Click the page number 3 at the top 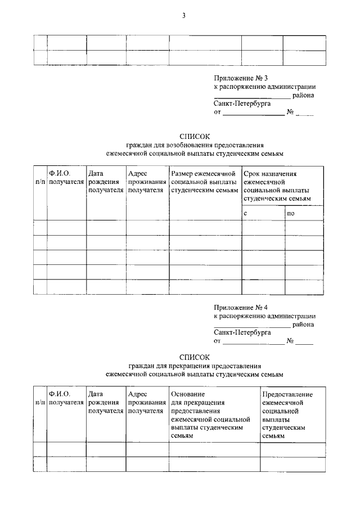tap(183, 16)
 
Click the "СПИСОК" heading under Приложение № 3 tap(194, 136)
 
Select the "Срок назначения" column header tap(270, 174)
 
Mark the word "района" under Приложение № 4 tap(303, 324)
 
